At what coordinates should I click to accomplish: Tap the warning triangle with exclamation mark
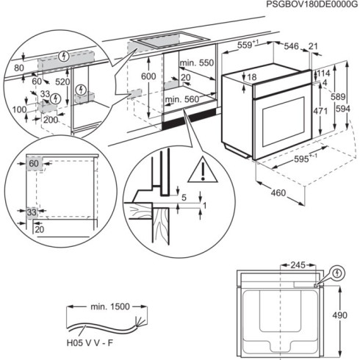(198, 172)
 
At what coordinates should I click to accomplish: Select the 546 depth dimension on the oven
(292, 46)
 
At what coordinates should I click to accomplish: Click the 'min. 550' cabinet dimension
(196, 64)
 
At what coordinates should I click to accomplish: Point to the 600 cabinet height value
(148, 76)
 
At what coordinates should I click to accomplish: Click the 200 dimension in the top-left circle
(50, 118)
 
